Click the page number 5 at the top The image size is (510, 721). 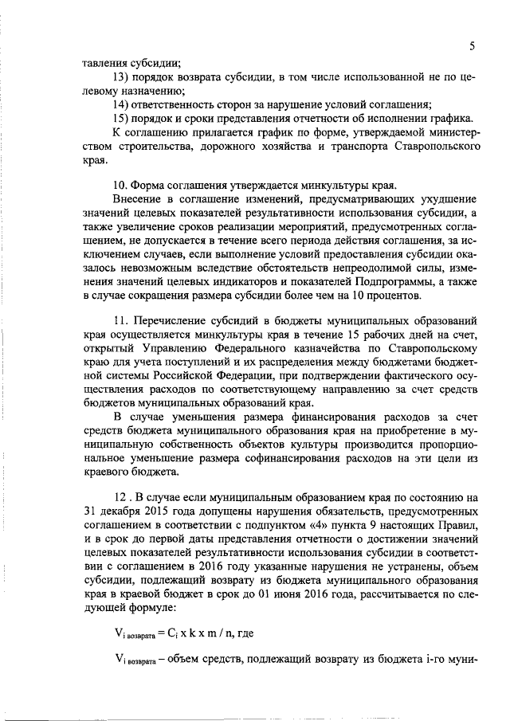click(x=473, y=46)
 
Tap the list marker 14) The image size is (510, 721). click(x=122, y=104)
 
